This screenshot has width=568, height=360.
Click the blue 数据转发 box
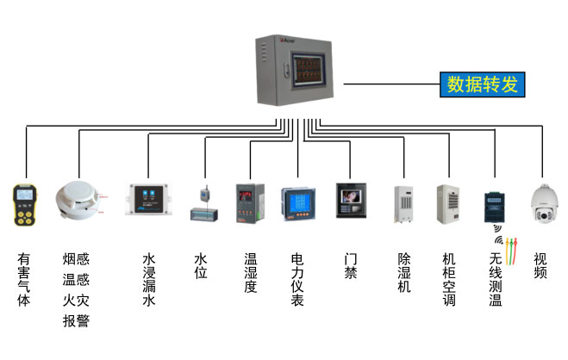click(483, 84)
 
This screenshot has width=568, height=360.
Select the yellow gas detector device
click(23, 205)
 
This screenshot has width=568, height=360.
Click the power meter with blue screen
click(298, 208)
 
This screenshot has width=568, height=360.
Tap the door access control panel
click(351, 203)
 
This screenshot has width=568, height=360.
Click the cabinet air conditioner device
click(447, 204)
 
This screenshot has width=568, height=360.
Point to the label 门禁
click(351, 265)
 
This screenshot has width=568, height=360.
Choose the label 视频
click(540, 265)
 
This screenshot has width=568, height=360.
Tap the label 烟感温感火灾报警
click(76, 289)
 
